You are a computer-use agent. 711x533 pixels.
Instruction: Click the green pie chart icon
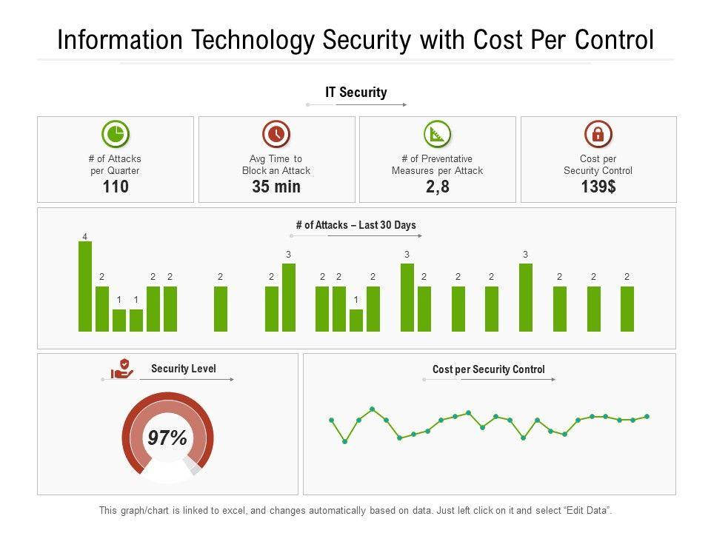(x=115, y=134)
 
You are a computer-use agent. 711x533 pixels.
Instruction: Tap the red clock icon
(x=276, y=134)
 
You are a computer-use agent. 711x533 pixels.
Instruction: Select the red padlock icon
(x=598, y=134)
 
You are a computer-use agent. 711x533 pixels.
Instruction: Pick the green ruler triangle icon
(x=437, y=134)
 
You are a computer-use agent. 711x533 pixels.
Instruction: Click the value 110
(x=116, y=187)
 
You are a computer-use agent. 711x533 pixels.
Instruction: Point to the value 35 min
(x=276, y=187)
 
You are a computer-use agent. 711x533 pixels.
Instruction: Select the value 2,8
(x=437, y=187)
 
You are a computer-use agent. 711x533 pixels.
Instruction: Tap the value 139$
(x=598, y=187)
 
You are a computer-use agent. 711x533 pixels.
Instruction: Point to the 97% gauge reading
(x=167, y=438)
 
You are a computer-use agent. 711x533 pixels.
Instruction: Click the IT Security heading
(x=356, y=93)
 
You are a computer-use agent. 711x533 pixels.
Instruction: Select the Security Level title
(x=184, y=369)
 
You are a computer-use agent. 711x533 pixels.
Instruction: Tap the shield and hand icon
(x=122, y=369)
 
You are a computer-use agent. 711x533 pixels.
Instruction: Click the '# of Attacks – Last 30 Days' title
(x=356, y=225)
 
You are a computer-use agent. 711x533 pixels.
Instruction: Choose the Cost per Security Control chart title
(x=489, y=369)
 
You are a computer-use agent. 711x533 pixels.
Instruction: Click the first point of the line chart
(x=331, y=420)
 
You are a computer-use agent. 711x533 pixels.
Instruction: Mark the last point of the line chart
(x=647, y=417)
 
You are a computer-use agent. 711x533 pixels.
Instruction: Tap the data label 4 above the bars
(x=85, y=237)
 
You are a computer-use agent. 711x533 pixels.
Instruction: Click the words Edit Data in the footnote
(x=588, y=511)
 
